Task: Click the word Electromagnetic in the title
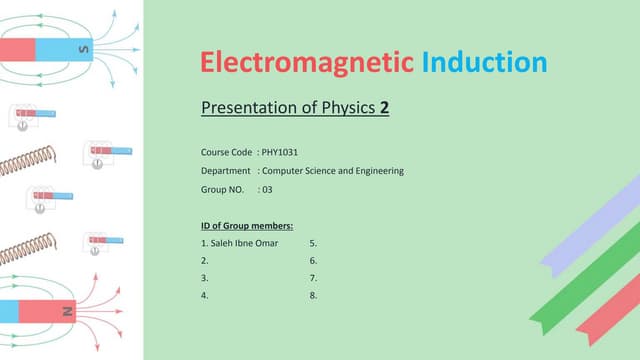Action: click(x=306, y=63)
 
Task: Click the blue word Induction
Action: click(x=483, y=63)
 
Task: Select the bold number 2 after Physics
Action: click(x=384, y=107)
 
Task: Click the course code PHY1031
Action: click(x=280, y=153)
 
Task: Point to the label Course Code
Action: click(x=225, y=153)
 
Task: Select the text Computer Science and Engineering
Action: click(x=332, y=171)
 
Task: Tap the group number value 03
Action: click(x=267, y=189)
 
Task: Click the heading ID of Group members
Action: click(x=247, y=225)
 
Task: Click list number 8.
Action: click(x=313, y=296)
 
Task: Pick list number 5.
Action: click(x=313, y=243)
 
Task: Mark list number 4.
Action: click(x=204, y=296)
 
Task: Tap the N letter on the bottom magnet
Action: click(x=69, y=311)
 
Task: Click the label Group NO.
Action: click(x=223, y=189)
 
